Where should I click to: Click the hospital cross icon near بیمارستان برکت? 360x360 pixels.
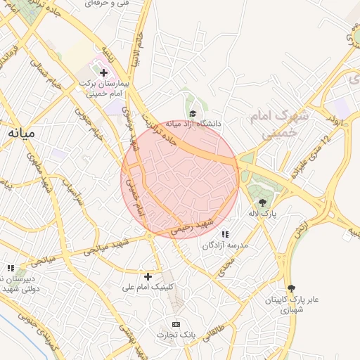103,72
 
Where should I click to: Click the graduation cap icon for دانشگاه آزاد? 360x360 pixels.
191,113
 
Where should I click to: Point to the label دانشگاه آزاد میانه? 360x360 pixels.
193,124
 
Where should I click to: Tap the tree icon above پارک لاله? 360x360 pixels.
262,202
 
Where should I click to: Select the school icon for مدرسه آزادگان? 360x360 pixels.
225,234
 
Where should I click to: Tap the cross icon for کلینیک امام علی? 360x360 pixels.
148,276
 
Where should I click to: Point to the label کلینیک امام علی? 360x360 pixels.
147,287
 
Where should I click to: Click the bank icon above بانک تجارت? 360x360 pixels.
176,324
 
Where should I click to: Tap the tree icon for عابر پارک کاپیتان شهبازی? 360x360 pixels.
291,288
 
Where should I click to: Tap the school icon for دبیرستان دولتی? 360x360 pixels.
10,268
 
